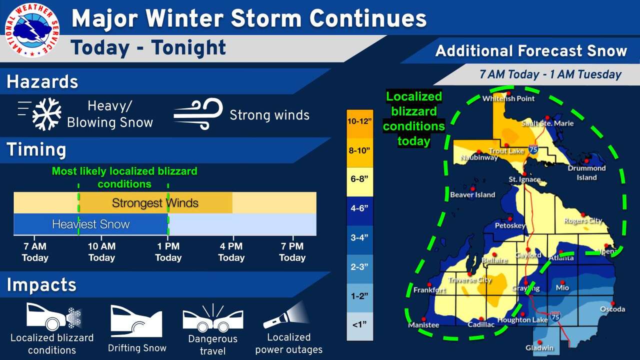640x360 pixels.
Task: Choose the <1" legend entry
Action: [x=359, y=325]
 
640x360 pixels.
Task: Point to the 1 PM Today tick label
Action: [x=168, y=252]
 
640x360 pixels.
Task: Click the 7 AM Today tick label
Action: [x=35, y=252]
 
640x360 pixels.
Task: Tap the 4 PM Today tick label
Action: [x=231, y=252]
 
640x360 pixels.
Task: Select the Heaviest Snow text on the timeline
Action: [x=90, y=224]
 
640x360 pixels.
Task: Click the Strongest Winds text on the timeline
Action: [x=155, y=203]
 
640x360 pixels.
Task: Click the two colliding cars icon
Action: [x=213, y=318]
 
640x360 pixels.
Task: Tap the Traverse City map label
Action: [x=469, y=280]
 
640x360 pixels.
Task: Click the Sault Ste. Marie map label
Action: [x=547, y=123]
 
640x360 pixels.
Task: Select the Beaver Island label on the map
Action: [x=472, y=195]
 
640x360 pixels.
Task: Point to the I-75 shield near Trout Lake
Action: [x=533, y=149]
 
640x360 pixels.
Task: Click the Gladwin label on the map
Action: [x=539, y=347]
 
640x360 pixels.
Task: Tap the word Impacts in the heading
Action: [x=41, y=285]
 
